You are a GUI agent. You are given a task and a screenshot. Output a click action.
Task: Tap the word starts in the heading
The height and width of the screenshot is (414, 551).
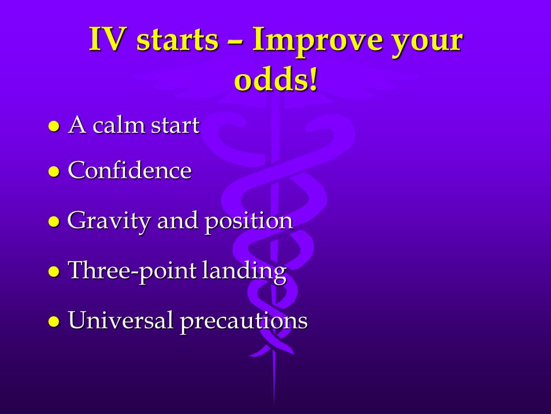[177, 40]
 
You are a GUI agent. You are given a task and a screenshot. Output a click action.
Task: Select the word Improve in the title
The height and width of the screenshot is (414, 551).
[317, 41]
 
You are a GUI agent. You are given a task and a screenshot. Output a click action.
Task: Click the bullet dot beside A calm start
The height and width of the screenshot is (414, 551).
[54, 126]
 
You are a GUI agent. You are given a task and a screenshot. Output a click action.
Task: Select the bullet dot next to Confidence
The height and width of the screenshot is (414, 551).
[54, 171]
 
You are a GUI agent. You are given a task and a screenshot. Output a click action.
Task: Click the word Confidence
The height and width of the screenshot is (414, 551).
[130, 170]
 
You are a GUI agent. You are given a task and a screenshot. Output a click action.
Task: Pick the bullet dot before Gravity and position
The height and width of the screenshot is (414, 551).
[54, 222]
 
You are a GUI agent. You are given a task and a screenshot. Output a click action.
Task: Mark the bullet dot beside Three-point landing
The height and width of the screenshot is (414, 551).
[54, 271]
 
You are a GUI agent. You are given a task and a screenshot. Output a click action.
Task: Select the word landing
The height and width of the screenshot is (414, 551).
[245, 271]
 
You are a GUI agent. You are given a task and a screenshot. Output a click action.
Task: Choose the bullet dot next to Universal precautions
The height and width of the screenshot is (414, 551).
[54, 321]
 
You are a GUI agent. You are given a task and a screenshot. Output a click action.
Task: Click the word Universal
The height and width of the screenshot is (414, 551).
[121, 320]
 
